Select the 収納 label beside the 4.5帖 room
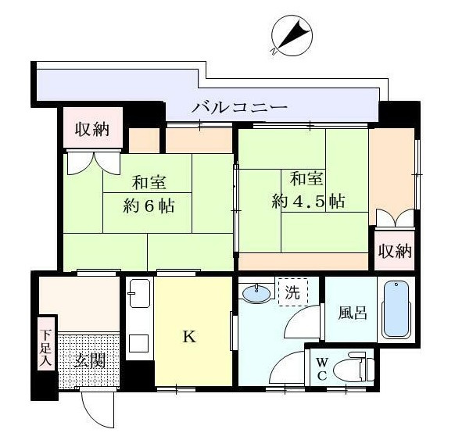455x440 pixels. coord(395,251)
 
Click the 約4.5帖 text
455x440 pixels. coord(309,200)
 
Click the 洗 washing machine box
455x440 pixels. coord(292,294)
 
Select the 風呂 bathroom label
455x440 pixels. coord(351,313)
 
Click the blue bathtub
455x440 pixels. coord(396,309)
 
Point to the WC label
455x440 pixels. coord(321,369)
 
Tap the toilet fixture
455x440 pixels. coord(356,367)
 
